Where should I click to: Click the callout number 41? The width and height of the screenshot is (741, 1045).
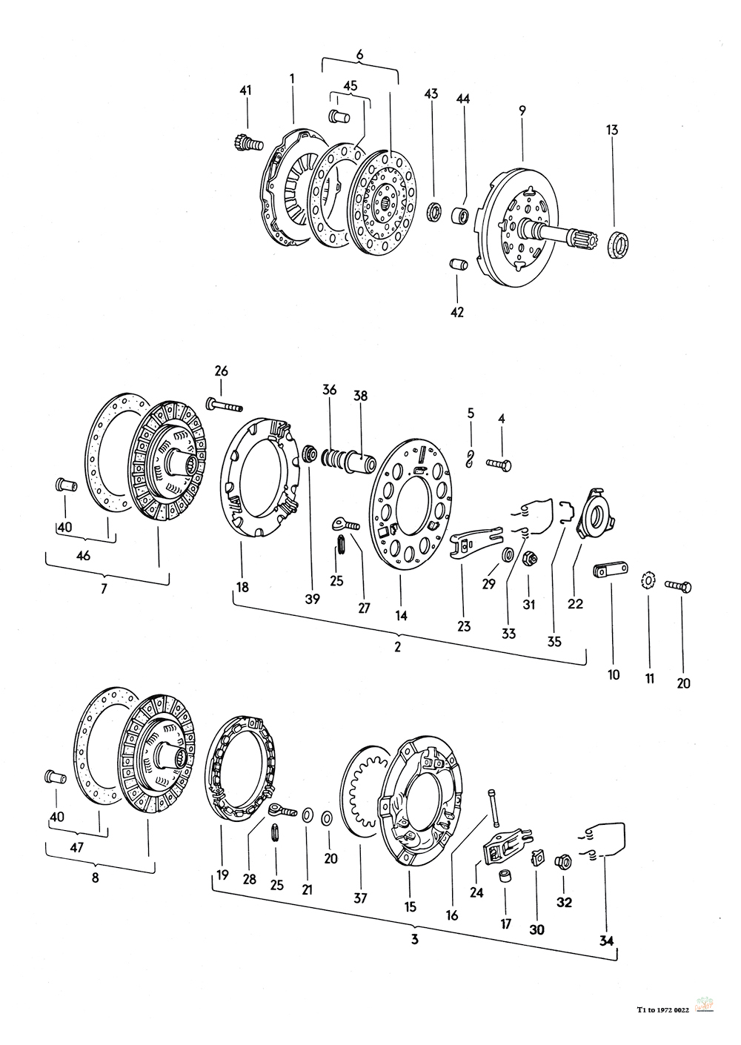click(x=245, y=90)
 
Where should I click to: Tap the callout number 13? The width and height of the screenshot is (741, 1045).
click(x=612, y=130)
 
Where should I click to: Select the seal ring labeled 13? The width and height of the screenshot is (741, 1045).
click(x=619, y=245)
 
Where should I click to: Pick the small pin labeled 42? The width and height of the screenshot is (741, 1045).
click(x=457, y=265)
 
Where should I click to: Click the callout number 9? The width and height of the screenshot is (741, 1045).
click(x=522, y=110)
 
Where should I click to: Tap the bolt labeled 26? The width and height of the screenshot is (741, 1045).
click(x=225, y=405)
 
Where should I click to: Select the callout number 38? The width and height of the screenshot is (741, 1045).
click(x=360, y=396)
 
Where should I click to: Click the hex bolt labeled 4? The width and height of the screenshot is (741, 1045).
click(x=499, y=464)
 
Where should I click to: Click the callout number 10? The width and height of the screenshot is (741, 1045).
click(x=614, y=674)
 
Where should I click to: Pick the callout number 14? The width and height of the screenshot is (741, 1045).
click(x=401, y=615)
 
